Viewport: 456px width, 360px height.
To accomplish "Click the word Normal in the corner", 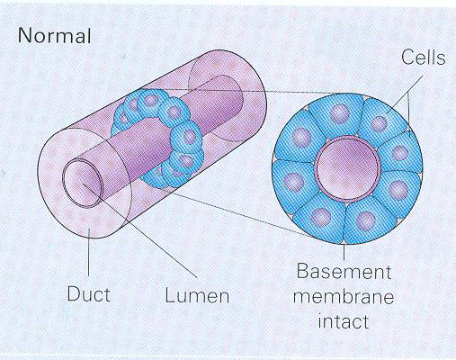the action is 54,35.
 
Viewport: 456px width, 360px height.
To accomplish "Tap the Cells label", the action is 424,57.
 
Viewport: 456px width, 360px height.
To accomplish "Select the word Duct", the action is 88,293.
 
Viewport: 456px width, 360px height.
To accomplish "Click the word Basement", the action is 344,272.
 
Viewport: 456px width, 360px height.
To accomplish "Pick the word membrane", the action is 344,297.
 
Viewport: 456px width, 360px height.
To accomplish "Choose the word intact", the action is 344,321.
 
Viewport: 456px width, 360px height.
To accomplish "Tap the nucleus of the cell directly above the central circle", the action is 340,114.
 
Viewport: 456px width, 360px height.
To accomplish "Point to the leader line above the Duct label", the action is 89,251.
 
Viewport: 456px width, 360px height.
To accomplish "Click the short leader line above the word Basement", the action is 344,253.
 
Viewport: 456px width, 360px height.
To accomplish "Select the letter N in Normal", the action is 24,35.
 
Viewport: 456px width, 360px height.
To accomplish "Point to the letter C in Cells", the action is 408,57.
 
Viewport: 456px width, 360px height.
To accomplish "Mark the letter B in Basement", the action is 302,272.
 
